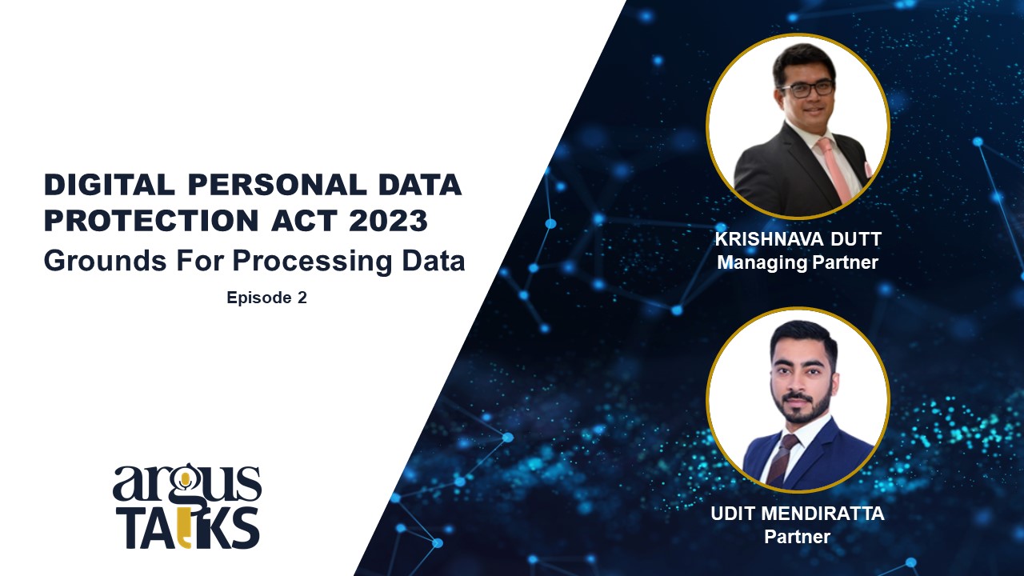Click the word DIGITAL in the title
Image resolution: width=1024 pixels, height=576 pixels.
pyautogui.click(x=110, y=185)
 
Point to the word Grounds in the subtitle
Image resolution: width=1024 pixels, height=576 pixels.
pyautogui.click(x=105, y=261)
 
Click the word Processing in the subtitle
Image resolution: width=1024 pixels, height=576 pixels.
pyautogui.click(x=312, y=262)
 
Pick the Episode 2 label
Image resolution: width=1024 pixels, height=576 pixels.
pyautogui.click(x=266, y=298)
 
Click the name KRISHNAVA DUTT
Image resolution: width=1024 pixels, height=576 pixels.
pyautogui.click(x=798, y=239)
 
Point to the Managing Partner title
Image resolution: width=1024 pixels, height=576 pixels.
pyautogui.click(x=798, y=262)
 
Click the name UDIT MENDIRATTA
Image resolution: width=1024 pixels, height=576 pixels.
pyautogui.click(x=798, y=514)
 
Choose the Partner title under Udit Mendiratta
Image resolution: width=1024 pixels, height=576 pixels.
pyautogui.click(x=798, y=536)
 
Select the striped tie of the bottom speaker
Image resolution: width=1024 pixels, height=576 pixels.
pyautogui.click(x=783, y=459)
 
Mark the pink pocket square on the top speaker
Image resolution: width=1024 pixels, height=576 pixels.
pyautogui.click(x=868, y=168)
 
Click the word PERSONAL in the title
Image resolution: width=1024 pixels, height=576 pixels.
pyautogui.click(x=278, y=185)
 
